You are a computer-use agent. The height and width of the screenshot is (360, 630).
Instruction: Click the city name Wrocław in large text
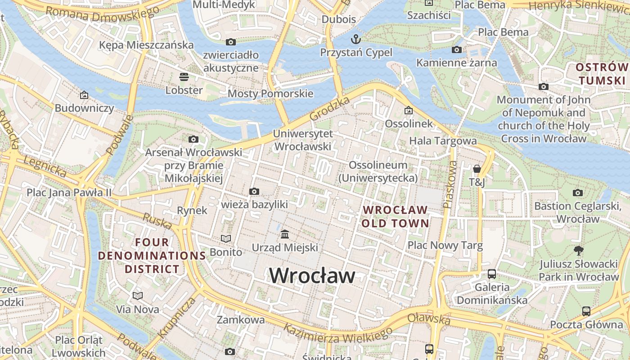(x=312, y=275)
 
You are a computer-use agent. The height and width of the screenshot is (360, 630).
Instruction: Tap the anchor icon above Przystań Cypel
(x=356, y=39)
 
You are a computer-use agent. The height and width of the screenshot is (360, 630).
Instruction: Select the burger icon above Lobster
(x=184, y=76)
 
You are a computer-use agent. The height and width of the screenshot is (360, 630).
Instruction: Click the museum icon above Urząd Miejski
(x=285, y=234)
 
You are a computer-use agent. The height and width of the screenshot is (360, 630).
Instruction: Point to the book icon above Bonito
(x=226, y=238)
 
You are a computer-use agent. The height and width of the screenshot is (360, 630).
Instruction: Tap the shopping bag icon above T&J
(x=477, y=169)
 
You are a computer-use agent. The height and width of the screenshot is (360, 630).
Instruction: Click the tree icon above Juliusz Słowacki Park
(x=579, y=251)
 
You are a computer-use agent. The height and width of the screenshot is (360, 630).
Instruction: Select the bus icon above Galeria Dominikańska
(x=492, y=274)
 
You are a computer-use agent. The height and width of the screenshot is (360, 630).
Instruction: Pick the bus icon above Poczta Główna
(x=586, y=311)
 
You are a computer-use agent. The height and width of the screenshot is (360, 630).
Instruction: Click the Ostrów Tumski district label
(x=602, y=74)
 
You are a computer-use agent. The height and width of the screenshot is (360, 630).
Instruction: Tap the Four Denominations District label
(x=152, y=256)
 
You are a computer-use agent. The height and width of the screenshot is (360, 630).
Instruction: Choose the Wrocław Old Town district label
(x=395, y=216)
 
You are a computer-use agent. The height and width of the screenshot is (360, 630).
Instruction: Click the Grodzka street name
(x=330, y=109)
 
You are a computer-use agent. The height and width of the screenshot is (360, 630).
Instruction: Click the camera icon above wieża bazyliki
(x=254, y=192)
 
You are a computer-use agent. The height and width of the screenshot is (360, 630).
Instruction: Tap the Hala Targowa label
(x=443, y=141)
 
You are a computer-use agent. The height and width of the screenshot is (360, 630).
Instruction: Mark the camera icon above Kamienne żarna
(x=457, y=50)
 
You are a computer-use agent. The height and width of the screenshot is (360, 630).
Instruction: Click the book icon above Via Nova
(x=138, y=296)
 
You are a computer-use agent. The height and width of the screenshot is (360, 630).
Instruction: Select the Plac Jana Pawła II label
(x=69, y=193)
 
